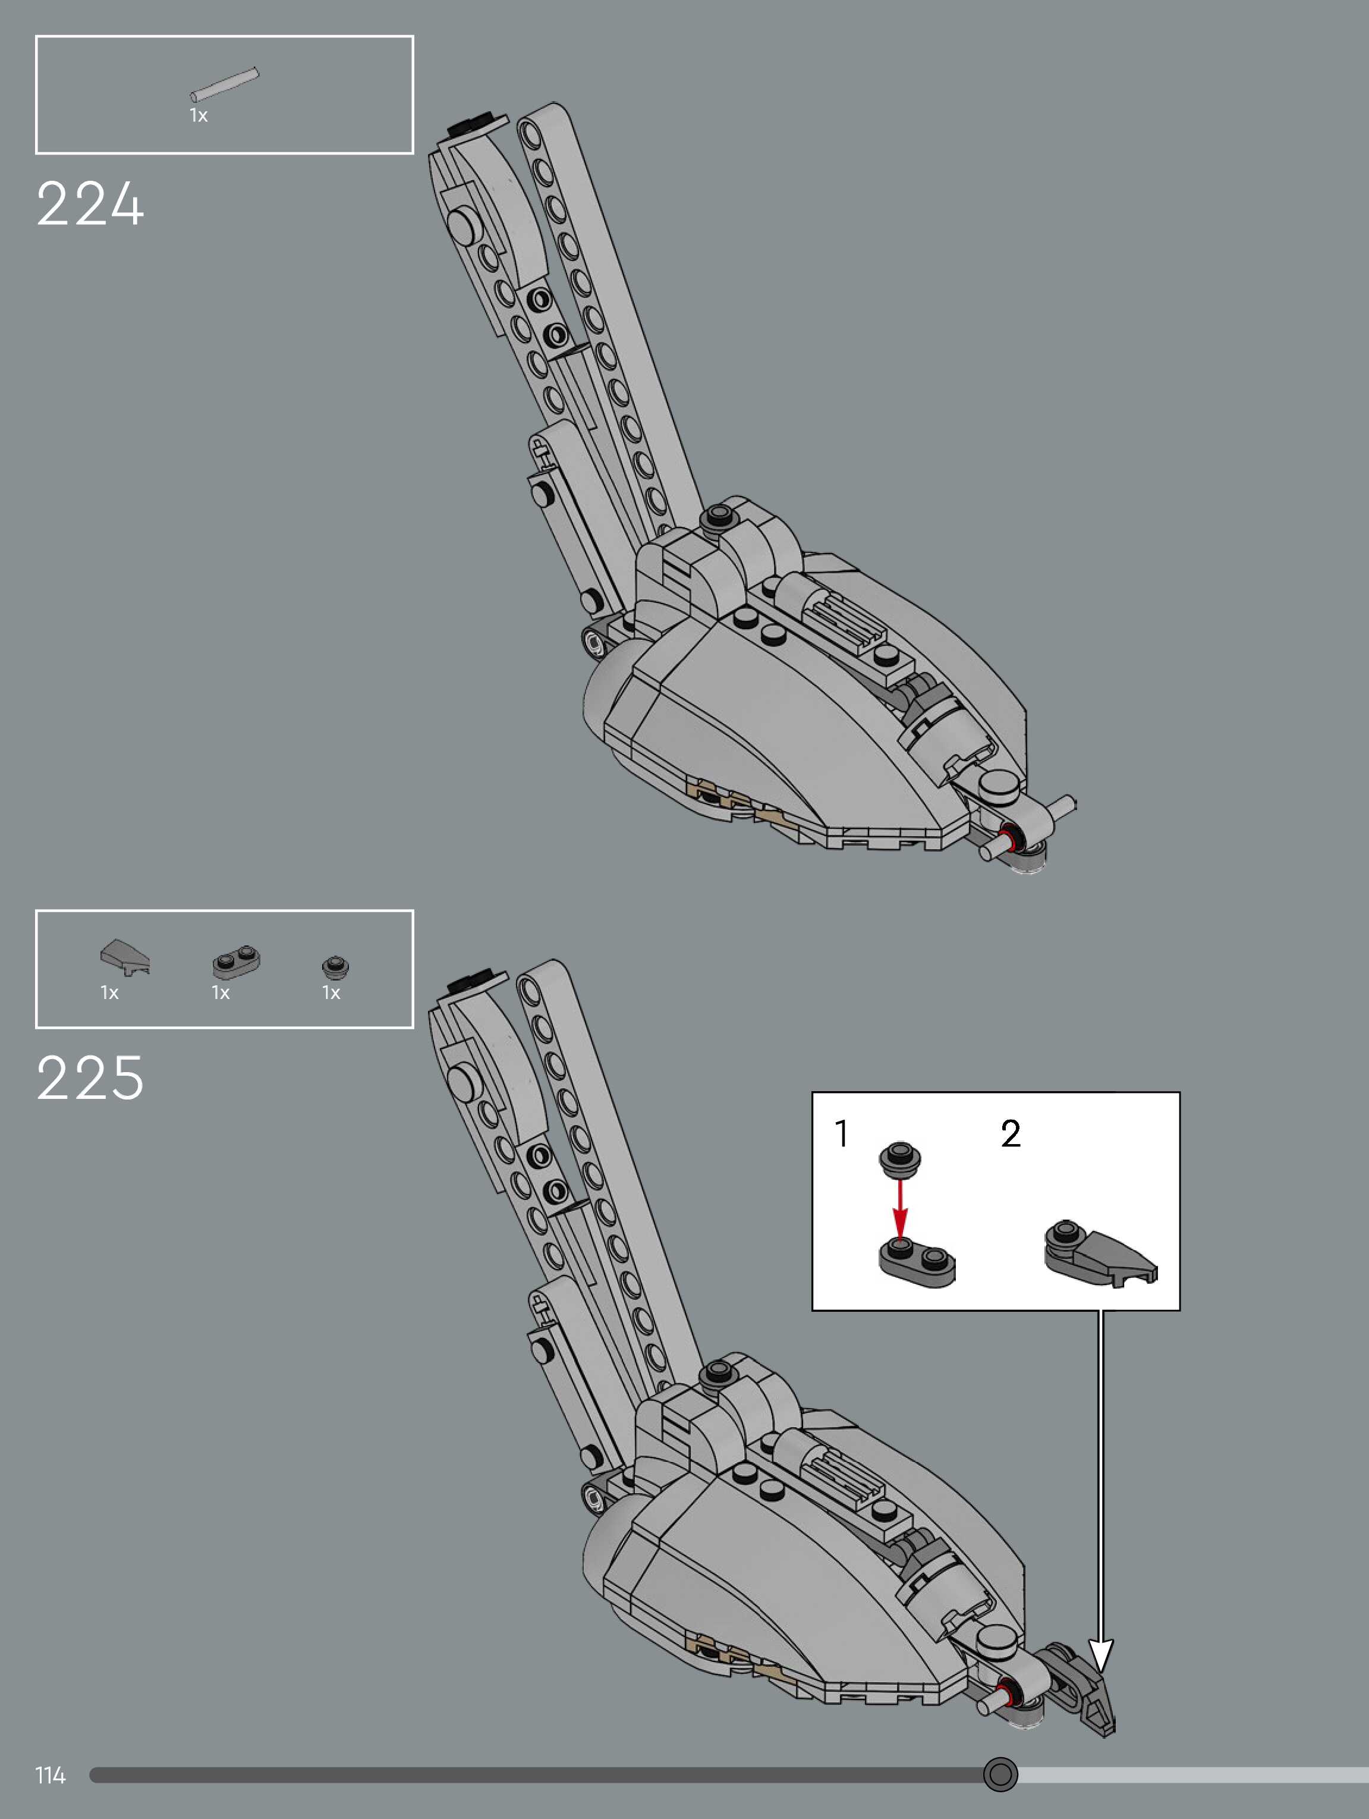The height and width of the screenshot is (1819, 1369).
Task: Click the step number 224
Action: click(90, 204)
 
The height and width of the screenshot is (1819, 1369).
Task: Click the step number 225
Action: click(90, 1078)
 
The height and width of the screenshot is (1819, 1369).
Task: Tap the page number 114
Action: click(50, 1776)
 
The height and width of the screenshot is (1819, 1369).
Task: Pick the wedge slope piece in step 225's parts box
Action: click(125, 956)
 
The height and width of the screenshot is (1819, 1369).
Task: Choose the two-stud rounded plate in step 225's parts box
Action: click(236, 962)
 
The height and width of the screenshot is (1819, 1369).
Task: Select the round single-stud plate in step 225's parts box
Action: click(335, 966)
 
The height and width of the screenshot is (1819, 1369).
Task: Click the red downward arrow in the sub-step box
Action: click(901, 1209)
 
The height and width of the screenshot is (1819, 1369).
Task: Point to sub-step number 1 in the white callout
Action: click(841, 1133)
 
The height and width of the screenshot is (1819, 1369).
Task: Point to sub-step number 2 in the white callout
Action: click(1011, 1134)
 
